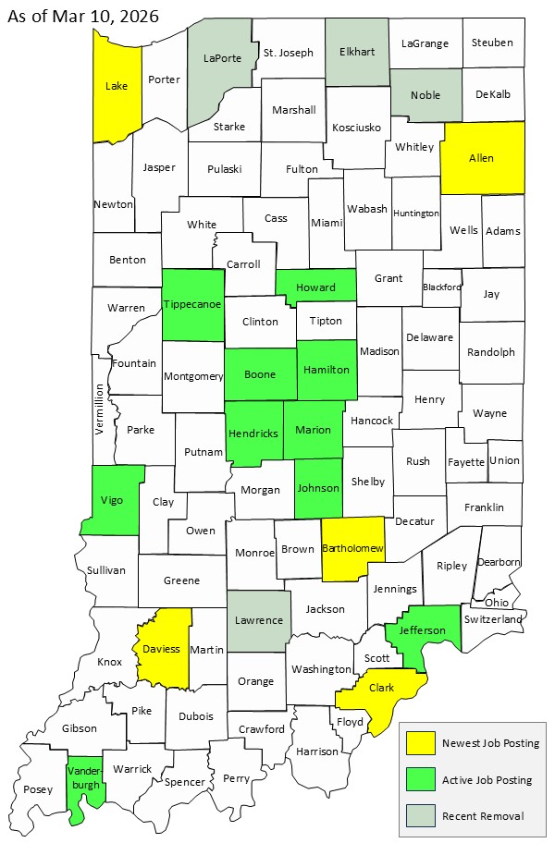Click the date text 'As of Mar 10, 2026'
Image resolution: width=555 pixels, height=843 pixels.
82,16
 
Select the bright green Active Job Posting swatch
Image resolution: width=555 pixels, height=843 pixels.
421,780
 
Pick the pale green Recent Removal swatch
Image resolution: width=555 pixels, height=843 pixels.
421,815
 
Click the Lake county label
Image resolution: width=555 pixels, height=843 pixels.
117,86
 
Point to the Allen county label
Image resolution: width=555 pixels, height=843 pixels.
481,158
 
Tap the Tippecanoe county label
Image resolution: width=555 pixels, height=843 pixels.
192,304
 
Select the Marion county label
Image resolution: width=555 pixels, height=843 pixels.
313,430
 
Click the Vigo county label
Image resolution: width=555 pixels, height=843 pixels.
111,500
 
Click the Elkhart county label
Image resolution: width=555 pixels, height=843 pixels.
357,52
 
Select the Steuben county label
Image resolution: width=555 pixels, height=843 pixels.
491,43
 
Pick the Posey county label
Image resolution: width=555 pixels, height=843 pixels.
40,789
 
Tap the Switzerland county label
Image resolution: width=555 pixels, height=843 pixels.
494,618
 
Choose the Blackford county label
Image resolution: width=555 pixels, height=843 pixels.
441,287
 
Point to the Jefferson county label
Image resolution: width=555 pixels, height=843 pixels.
421,630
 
